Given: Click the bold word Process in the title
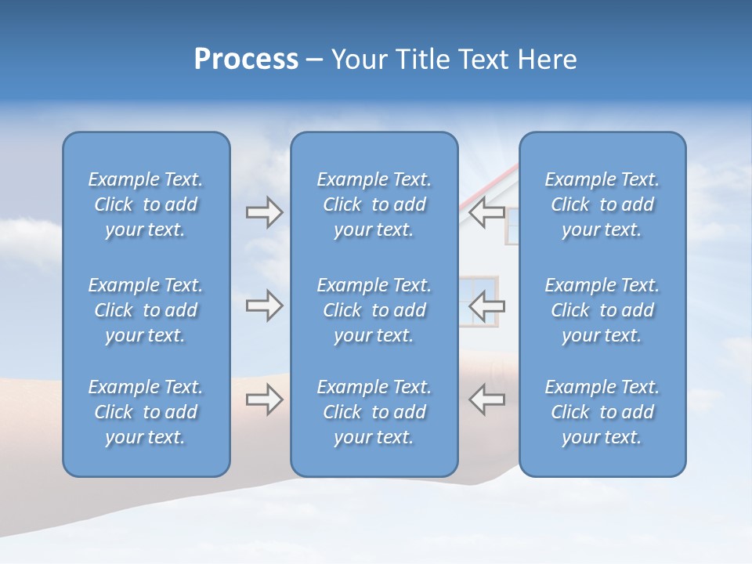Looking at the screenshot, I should (246, 60).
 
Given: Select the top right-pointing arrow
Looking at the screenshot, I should (264, 212).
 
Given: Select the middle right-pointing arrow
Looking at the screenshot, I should (264, 305).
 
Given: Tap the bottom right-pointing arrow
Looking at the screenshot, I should (264, 399).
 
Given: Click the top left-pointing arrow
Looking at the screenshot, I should (486, 212).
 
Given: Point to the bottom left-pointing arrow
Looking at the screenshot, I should (486, 399).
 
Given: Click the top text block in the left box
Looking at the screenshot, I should (146, 204).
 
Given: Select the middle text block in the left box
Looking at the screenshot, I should (146, 310).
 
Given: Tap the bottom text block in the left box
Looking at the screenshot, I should (146, 412).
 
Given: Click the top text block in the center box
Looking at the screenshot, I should (374, 204).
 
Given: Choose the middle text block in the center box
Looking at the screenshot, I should (374, 310).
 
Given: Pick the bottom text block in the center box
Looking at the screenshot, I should (374, 412).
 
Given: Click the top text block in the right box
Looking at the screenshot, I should (602, 204).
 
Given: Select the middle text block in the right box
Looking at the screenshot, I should (602, 310).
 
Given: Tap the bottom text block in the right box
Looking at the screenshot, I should (602, 412).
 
